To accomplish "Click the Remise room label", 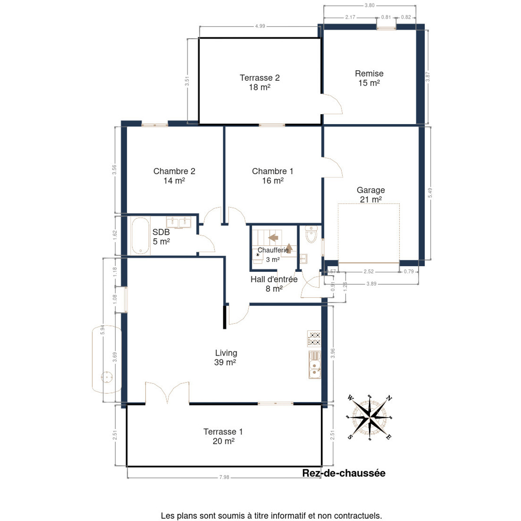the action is click(369, 73).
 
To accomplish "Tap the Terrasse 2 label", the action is click(260, 78).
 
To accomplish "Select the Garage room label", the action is click(370, 190).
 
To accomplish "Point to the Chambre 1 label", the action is click(272, 171).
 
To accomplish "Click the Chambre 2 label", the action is click(174, 171).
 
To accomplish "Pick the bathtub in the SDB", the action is click(140, 236).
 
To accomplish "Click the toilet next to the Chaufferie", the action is click(311, 234).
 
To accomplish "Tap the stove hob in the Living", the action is click(314, 339).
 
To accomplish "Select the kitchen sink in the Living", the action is click(314, 365).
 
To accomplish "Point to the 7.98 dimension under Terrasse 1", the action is click(224, 477).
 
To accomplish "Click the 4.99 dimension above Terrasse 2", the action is click(260, 26).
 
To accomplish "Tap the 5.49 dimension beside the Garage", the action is click(430, 193).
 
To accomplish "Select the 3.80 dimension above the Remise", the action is click(369, 5).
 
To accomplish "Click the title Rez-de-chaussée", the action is click(343, 473).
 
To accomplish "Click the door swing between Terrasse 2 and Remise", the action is click(332, 104).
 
